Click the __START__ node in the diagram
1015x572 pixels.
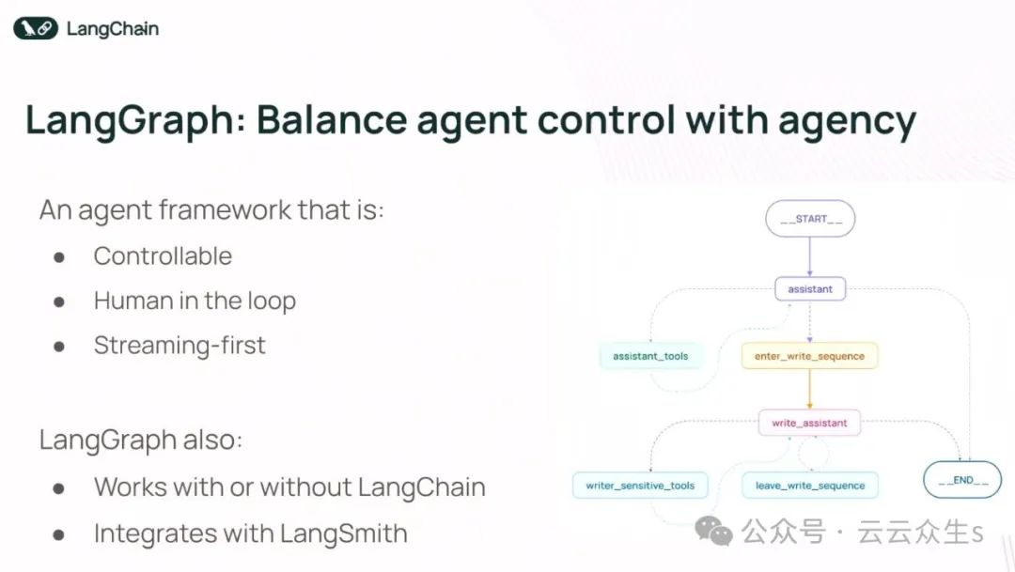809,219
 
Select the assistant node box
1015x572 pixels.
809,289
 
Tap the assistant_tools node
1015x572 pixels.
650,357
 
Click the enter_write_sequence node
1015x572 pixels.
809,357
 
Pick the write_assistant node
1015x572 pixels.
809,424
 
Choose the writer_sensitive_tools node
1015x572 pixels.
640,486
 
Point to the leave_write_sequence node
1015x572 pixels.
809,486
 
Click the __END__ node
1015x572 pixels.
962,480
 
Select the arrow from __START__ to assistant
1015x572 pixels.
809,256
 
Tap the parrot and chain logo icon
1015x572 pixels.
36,29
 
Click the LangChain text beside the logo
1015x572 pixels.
112,29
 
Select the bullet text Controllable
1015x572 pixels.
163,256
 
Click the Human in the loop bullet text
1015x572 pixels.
195,301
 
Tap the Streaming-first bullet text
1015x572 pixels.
180,346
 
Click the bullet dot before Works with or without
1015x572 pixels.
59,488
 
